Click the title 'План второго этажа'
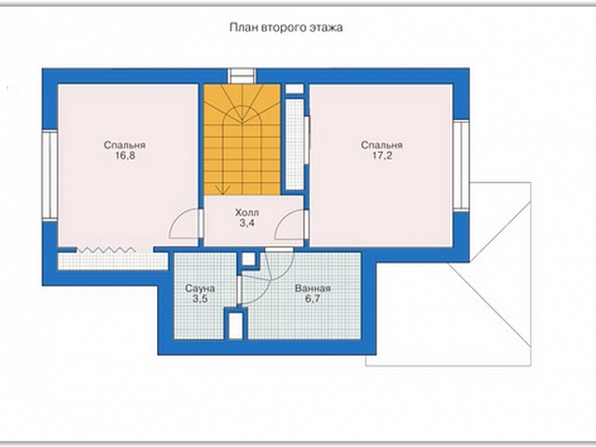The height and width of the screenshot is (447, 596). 286,28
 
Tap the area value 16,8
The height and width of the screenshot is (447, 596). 125,156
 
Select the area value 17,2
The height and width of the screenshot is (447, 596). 382,156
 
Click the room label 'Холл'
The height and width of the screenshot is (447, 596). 247,212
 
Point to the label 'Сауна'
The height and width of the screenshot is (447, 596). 200,288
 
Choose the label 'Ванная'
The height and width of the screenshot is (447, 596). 313,288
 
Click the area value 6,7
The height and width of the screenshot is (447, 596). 312,299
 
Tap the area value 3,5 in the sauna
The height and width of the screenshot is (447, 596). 200,299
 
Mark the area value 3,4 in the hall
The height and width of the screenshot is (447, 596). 247,223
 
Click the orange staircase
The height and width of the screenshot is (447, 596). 243,139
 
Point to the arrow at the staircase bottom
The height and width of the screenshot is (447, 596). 223,190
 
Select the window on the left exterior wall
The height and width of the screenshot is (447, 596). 50,175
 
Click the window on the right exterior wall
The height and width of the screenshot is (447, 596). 461,165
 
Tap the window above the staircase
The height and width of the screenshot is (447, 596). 243,75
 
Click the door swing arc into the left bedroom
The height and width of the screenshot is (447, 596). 181,224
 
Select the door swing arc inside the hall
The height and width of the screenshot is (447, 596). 288,224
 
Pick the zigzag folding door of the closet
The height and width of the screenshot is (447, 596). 106,250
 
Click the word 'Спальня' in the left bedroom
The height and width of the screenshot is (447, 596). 125,146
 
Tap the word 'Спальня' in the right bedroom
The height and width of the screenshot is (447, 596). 382,146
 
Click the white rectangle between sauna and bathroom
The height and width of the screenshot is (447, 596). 236,325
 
